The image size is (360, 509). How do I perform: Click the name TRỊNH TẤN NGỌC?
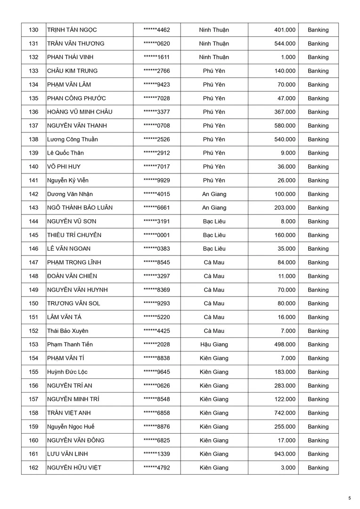pos(72,30)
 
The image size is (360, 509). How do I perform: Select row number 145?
pos(33,235)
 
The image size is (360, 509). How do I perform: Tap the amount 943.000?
pos(285,454)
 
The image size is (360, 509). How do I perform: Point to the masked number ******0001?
pos(156,235)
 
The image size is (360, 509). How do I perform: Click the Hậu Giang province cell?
pos(214,345)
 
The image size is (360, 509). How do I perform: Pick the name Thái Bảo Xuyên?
pos(67,331)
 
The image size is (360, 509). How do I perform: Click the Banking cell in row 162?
pos(318,468)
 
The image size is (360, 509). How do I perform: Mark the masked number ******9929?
pos(156,181)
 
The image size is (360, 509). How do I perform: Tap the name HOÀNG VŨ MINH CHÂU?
pos(80,112)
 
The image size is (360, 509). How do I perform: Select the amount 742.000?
pos(285,413)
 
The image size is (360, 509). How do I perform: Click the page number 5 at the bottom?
pos(350,498)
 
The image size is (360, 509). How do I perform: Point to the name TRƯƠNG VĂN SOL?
pos(74,304)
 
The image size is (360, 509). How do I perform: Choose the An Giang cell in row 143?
pos(214,208)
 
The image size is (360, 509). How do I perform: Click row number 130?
pos(33,30)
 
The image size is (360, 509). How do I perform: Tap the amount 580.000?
pos(285,125)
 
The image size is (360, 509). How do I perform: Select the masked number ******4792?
pos(156,468)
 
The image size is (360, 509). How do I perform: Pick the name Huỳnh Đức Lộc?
pos(67,372)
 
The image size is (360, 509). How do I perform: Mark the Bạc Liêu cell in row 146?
pos(214,249)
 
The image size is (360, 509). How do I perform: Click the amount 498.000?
pos(285,345)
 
